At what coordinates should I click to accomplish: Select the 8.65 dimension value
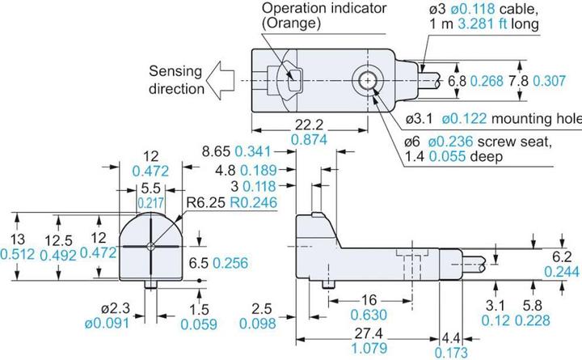tap(216, 151)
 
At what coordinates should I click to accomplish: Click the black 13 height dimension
tap(15, 240)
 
